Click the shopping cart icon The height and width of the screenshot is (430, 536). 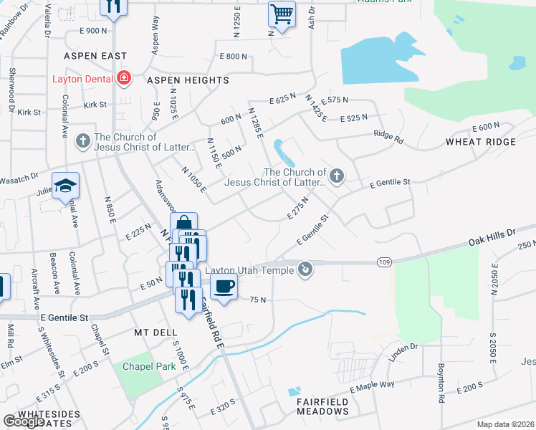pyautogui.click(x=282, y=14)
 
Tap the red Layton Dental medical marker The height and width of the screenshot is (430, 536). pyautogui.click(x=124, y=78)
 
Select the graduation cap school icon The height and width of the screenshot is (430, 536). pyautogui.click(x=66, y=186)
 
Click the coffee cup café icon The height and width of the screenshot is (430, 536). pyautogui.click(x=224, y=286)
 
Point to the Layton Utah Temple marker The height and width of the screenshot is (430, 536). pyautogui.click(x=306, y=269)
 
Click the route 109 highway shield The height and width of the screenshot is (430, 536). pyautogui.click(x=385, y=263)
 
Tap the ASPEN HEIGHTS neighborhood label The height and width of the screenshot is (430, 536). pyautogui.click(x=188, y=80)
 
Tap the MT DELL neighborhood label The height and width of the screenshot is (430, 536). pyautogui.click(x=155, y=333)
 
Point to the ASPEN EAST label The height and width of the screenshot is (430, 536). pyautogui.click(x=95, y=55)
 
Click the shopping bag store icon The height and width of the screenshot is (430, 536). pyautogui.click(x=183, y=224)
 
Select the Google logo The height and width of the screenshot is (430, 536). pyautogui.click(x=23, y=421)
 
